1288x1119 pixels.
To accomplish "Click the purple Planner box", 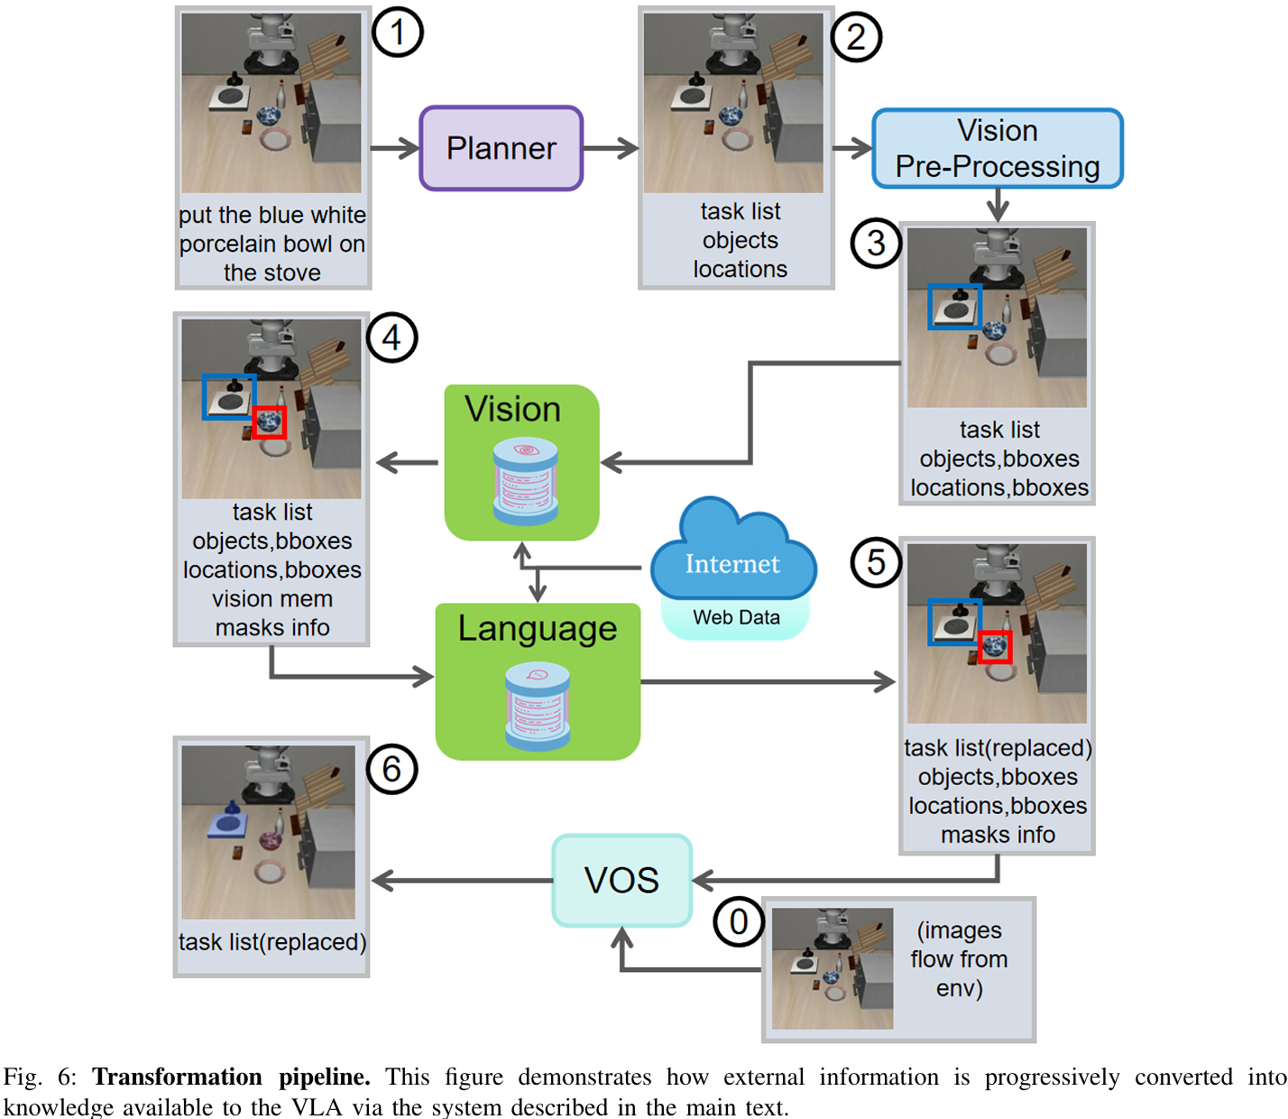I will click(501, 148).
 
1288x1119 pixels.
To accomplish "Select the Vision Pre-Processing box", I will click(997, 148).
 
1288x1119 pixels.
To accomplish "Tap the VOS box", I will click(621, 880).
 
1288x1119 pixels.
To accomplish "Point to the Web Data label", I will click(736, 618).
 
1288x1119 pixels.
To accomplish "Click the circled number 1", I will click(398, 32).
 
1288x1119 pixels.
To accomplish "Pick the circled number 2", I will click(855, 37).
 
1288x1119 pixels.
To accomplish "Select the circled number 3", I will click(876, 244).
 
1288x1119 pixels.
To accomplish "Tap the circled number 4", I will click(391, 338).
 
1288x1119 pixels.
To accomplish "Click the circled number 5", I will click(876, 562).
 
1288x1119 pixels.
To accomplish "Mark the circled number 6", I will click(391, 769).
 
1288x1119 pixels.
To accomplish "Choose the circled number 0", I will click(739, 922).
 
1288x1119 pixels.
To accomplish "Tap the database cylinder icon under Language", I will click(538, 707).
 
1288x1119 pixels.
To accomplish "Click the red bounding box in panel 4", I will click(270, 422).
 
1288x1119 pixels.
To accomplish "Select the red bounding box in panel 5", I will click(995, 646).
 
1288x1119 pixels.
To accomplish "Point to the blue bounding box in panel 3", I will click(954, 307).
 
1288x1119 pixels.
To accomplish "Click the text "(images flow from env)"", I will click(959, 959).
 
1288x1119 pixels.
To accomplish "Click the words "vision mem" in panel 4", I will click(272, 599).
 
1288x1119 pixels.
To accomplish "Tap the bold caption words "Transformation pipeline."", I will click(231, 1077).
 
